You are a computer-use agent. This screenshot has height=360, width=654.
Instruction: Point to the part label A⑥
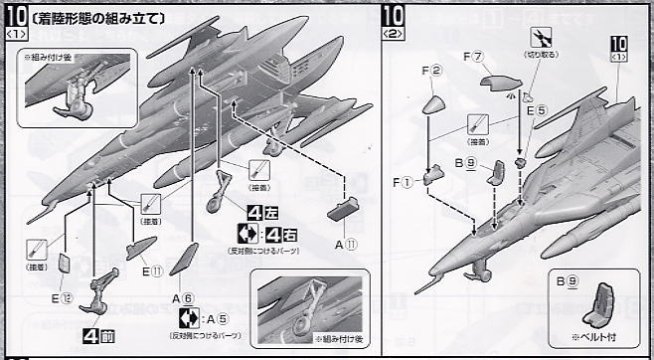click(181, 297)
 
